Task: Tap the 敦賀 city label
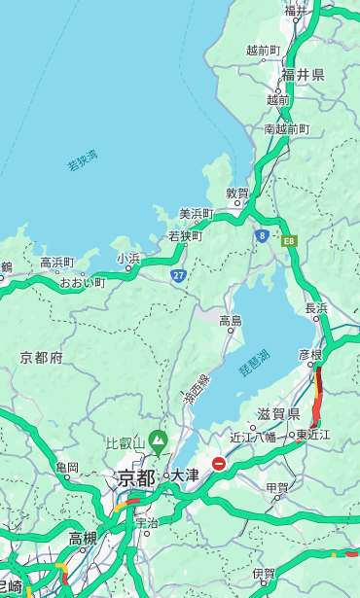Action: [x=237, y=193]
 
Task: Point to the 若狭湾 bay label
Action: [x=83, y=160]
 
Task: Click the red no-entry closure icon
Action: [x=219, y=465]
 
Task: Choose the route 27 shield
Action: [x=179, y=275]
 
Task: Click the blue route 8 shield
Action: [x=262, y=235]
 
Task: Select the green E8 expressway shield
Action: [x=289, y=240]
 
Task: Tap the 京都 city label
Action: [x=136, y=477]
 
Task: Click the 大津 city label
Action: [x=185, y=476]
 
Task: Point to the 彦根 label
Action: [x=309, y=355]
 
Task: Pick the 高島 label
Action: [x=231, y=321]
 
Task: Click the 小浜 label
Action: [x=128, y=259]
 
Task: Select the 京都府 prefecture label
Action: [x=42, y=358]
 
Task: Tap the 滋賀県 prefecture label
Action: [x=279, y=414]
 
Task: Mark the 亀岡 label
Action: [x=67, y=468]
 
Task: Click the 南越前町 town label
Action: [x=286, y=128]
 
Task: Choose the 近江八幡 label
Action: [x=253, y=437]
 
